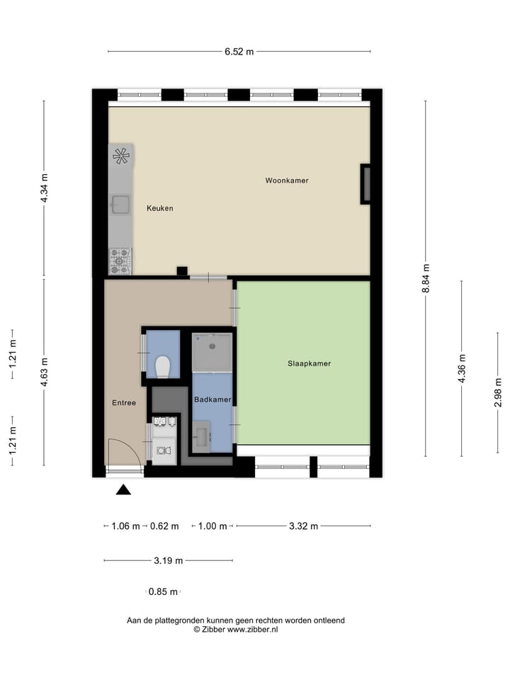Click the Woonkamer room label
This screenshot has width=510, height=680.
[x=287, y=181]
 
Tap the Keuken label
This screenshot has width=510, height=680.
[x=160, y=208]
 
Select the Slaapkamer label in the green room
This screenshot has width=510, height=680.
[x=309, y=363]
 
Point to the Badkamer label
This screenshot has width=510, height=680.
[x=212, y=399]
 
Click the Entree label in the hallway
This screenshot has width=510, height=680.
[x=124, y=403]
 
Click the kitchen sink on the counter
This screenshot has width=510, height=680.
[x=120, y=205]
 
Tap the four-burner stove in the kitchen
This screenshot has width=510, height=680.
[x=120, y=261]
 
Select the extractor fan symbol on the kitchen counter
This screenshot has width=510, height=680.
[x=121, y=156]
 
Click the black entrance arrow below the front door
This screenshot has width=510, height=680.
[x=124, y=489]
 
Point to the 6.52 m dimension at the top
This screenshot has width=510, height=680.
[x=239, y=51]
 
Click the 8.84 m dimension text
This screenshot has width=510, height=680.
[x=426, y=278]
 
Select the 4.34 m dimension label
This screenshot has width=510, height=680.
[x=44, y=188]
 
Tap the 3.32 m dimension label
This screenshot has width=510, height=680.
[x=303, y=526]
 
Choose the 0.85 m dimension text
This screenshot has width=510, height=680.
[x=164, y=591]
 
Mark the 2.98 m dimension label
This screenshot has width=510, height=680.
[x=498, y=386]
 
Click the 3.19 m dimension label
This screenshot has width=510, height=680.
[x=169, y=560]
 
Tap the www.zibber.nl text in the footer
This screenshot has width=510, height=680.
[x=252, y=629]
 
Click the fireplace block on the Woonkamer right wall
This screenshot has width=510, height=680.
[x=366, y=184]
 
